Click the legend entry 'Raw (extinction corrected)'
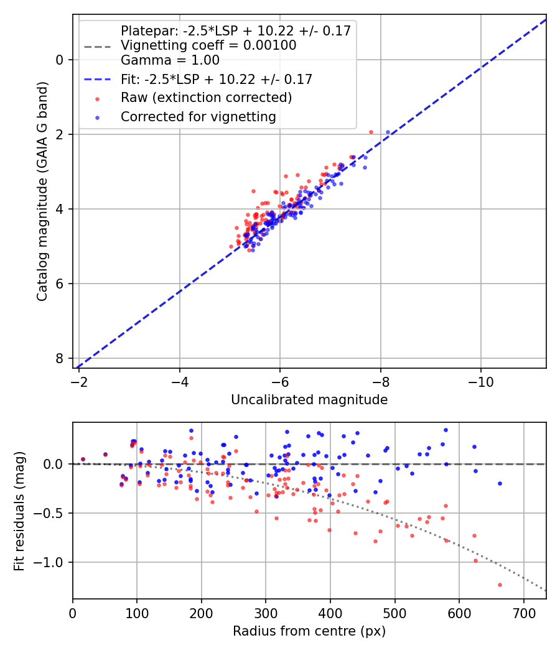[x=206, y=98]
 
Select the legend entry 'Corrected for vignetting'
[x=198, y=116]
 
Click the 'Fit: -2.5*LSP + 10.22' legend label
[x=216, y=79]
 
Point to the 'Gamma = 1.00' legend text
[x=170, y=60]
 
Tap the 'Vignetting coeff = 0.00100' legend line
[x=208, y=45]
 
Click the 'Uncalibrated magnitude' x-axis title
[x=309, y=399]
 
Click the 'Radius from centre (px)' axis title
[x=309, y=631]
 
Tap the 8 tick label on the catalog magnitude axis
[x=60, y=358]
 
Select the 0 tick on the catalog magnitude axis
[x=60, y=60]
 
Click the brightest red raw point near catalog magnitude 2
[x=371, y=132]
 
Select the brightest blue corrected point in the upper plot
[x=388, y=132]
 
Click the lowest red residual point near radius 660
[x=500, y=585]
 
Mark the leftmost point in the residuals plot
[x=83, y=459]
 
